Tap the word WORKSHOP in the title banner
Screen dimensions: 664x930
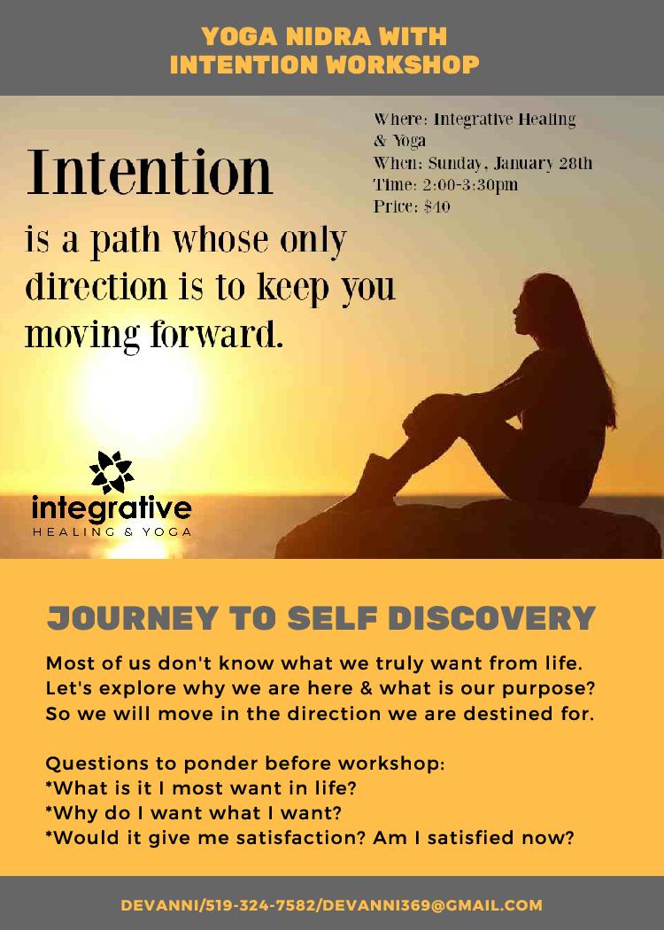[403, 65]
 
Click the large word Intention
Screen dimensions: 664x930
[150, 173]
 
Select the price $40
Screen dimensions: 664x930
[437, 206]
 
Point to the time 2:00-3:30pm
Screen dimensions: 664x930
[470, 184]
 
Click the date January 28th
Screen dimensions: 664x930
[543, 163]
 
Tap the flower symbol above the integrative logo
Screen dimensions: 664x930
[112, 471]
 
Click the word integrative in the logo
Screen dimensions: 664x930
[112, 508]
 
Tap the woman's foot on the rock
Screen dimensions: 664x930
[372, 484]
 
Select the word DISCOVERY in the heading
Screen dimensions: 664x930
[491, 618]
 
